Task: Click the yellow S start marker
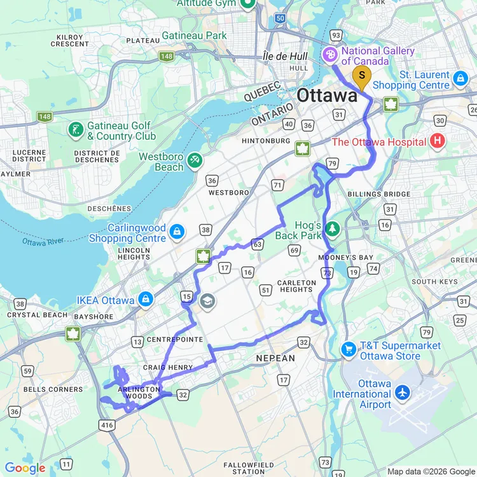pos(362,78)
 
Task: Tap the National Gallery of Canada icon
pos(331,55)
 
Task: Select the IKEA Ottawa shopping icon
pos(146,298)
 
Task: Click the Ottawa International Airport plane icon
pos(402,393)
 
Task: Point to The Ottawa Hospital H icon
pos(437,141)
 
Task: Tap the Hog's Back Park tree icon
pos(331,228)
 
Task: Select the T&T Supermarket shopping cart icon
pos(348,349)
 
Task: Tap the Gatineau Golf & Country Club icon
pos(76,130)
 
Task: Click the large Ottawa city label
pos(328,96)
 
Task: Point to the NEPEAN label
pos(275,358)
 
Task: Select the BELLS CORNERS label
pos(53,389)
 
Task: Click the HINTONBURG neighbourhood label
pos(266,141)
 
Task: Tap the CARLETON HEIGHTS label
pos(296,286)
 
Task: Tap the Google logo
pos(25,469)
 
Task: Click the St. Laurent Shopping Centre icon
pos(460,79)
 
